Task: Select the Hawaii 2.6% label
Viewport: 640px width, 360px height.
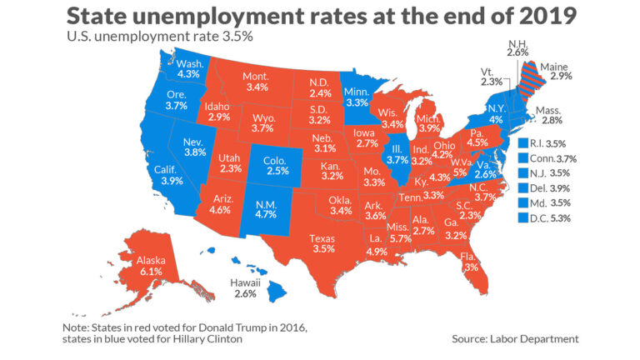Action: click(246, 288)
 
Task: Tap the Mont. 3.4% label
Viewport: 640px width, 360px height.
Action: click(256, 82)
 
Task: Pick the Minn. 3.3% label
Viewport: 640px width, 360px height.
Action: click(357, 97)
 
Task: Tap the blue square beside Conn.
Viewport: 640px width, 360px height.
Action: click(522, 158)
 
